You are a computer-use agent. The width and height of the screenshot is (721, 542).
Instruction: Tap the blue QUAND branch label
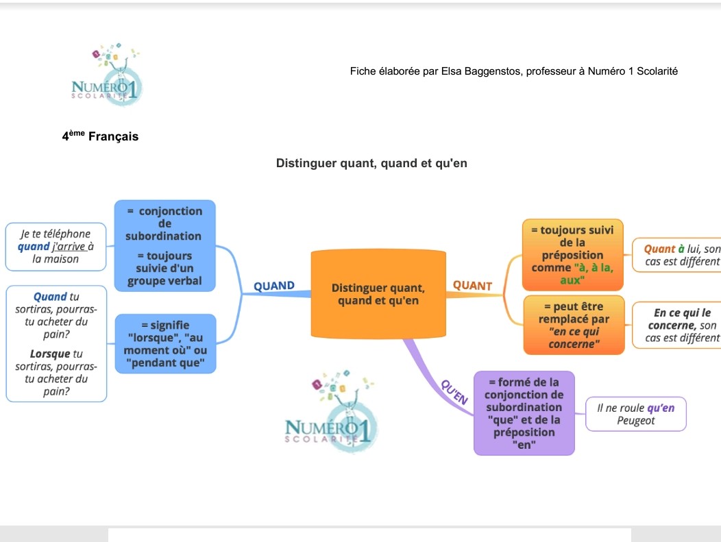point(274,286)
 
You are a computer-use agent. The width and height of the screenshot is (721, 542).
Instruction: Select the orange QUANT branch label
point(473,285)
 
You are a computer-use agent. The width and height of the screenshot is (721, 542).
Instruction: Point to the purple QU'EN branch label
point(455,391)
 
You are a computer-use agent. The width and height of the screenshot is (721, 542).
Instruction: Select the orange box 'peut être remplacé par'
point(574,325)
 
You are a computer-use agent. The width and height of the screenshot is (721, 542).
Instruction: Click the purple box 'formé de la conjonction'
point(524,413)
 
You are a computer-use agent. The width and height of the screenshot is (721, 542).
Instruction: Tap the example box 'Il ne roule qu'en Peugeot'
point(635,415)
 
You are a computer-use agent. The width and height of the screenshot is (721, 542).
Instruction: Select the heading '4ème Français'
point(100,136)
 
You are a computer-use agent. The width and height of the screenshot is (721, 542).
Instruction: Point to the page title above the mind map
point(371,163)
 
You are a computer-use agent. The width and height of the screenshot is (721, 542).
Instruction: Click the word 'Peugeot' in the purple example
point(635,421)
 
